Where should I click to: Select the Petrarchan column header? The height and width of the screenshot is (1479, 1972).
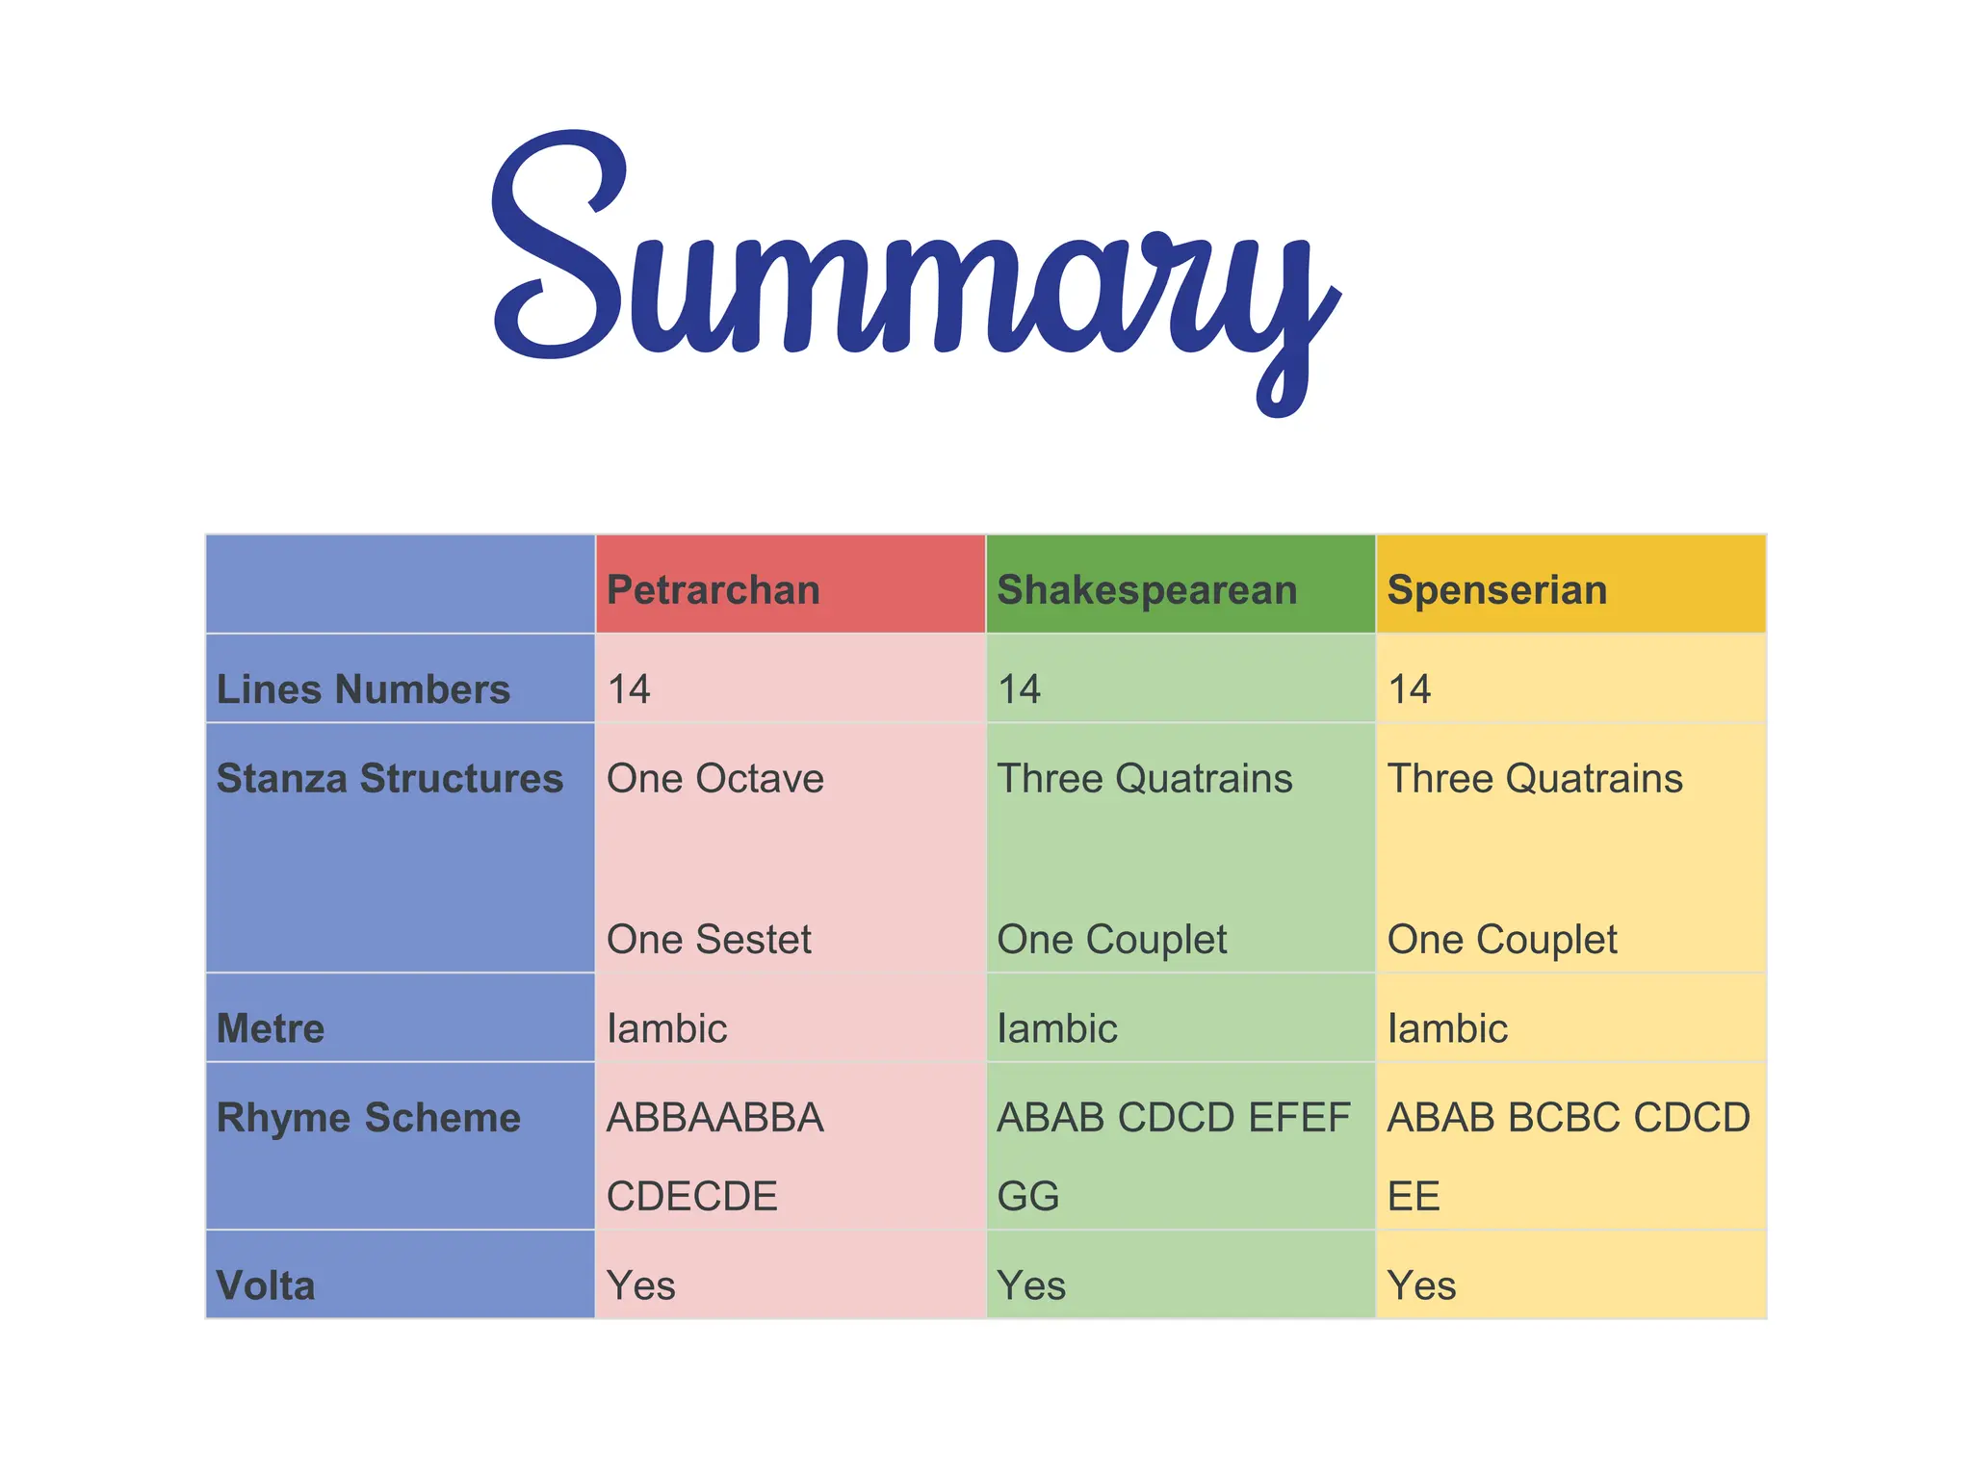click(x=714, y=590)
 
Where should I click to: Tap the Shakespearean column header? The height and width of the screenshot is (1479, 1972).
click(x=1147, y=590)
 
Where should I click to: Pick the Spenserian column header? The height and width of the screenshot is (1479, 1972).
click(x=1497, y=590)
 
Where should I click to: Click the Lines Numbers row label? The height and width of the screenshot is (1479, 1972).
click(x=363, y=689)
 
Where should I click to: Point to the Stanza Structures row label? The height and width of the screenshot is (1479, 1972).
click(x=390, y=779)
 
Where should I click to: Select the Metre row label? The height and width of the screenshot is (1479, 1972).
click(x=271, y=1029)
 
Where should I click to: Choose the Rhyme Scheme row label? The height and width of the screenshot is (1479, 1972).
click(x=369, y=1118)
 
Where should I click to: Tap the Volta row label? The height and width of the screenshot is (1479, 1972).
click(x=266, y=1286)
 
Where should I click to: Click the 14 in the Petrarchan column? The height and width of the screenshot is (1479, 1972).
click(x=629, y=689)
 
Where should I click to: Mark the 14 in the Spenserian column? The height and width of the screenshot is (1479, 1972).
click(x=1410, y=689)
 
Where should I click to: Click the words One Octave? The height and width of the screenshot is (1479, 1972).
click(x=715, y=779)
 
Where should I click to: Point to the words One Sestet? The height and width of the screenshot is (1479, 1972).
click(x=710, y=940)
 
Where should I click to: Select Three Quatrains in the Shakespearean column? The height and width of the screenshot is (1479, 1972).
click(x=1145, y=779)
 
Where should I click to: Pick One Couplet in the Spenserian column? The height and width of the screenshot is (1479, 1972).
click(x=1502, y=940)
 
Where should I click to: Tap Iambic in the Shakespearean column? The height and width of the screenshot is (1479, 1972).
click(x=1057, y=1029)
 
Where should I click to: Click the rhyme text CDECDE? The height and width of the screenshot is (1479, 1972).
click(x=692, y=1197)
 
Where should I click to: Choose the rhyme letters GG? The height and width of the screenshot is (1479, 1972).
click(x=1028, y=1197)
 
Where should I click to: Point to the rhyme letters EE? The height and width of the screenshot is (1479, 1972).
click(x=1414, y=1197)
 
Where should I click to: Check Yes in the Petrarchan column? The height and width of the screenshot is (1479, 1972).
click(x=641, y=1286)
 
